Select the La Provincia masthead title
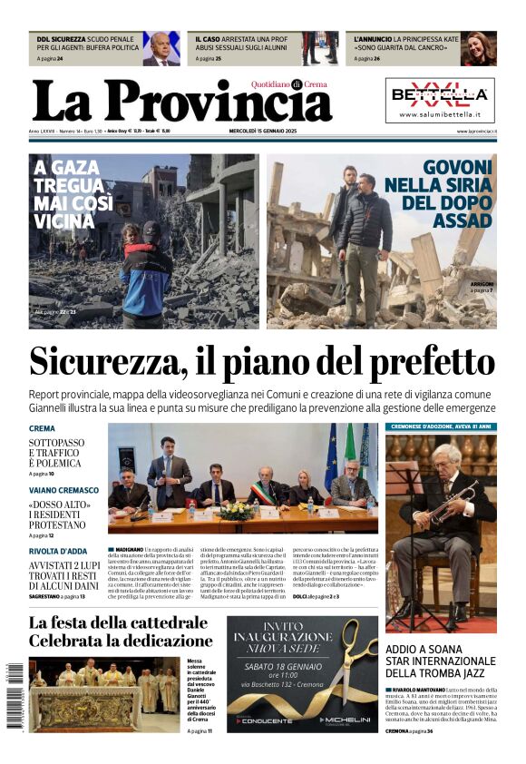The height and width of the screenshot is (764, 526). pos(181,100)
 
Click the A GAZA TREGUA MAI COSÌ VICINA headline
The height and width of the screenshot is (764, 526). pos(82,194)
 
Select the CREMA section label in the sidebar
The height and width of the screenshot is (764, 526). pos(42,428)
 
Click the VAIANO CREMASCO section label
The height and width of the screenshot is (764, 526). pos(63,490)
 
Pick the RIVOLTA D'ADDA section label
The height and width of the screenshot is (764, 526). pos(58,552)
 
